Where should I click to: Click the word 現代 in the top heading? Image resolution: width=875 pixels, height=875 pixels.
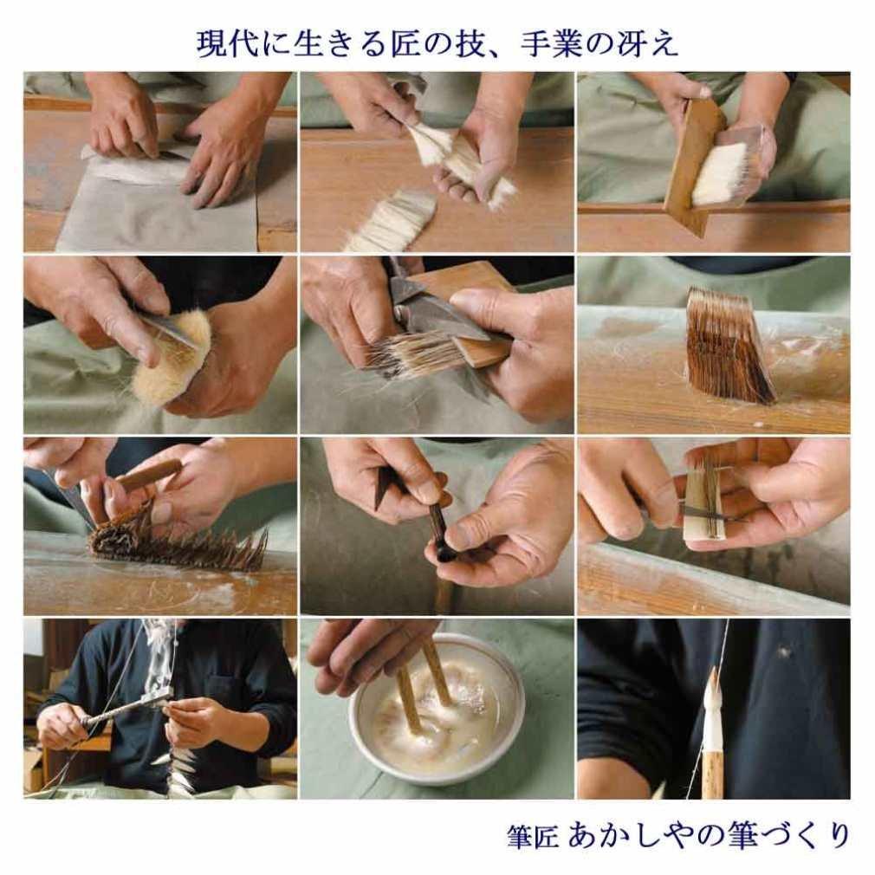pyautogui.click(x=222, y=42)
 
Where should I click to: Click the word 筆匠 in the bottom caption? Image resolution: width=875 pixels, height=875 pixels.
pyautogui.click(x=532, y=837)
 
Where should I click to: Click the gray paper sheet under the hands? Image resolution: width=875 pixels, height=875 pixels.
pyautogui.click(x=156, y=212)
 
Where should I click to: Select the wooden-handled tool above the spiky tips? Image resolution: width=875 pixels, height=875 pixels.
pyautogui.click(x=147, y=476)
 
